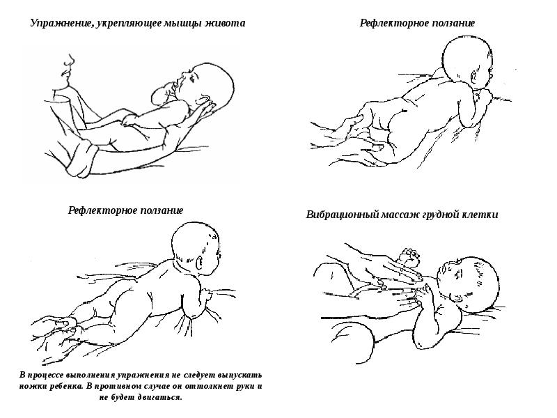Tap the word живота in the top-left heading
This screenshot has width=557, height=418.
pyautogui.click(x=224, y=23)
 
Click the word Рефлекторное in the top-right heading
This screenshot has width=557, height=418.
pyautogui.click(x=391, y=24)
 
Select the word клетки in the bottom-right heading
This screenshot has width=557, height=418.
pyautogui.click(x=480, y=215)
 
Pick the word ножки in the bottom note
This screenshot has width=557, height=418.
pyautogui.click(x=34, y=386)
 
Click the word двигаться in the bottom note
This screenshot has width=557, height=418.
pyautogui.click(x=157, y=397)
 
